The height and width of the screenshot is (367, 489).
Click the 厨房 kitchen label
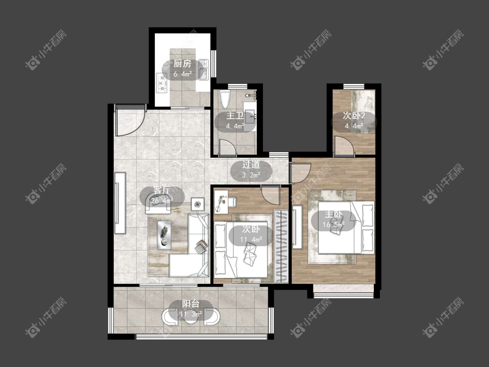183,64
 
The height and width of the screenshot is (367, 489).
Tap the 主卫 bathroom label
235,116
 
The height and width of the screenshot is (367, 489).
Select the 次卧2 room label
354,116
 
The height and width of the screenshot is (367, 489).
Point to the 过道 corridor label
251,165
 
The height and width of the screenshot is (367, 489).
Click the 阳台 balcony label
191,304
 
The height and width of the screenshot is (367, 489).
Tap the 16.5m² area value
333,225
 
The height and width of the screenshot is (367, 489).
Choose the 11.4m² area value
251,240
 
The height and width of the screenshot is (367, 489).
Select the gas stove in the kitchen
162,83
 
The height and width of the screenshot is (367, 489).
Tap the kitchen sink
204,69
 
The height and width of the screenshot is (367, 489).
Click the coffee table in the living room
164,235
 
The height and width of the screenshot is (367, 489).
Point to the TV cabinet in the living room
120,203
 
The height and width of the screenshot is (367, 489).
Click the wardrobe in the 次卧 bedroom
281,246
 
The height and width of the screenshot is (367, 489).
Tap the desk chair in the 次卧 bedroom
231,202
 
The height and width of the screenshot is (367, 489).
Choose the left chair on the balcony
170,317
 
